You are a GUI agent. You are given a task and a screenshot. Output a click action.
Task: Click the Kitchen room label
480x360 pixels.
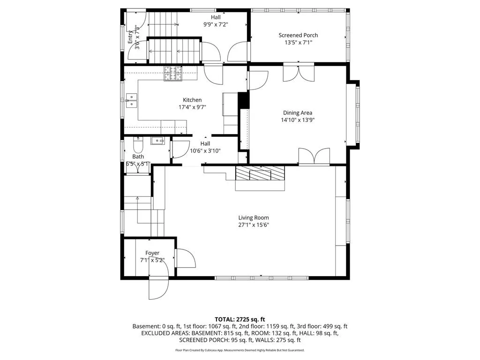pyautogui.click(x=192, y=100)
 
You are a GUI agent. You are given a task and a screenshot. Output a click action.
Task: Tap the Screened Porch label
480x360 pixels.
pyautogui.click(x=298, y=35)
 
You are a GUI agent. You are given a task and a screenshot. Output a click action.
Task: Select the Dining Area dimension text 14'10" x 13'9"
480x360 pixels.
pyautogui.click(x=298, y=120)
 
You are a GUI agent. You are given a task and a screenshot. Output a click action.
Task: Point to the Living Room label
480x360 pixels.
pyautogui.click(x=254, y=217)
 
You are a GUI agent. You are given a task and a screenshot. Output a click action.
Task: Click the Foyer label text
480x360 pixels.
pyautogui.click(x=152, y=253)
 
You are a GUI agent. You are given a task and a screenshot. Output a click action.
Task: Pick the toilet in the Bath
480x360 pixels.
pyautogui.click(x=138, y=145)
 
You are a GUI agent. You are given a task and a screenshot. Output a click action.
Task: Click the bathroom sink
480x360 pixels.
pyautogui.click(x=157, y=141)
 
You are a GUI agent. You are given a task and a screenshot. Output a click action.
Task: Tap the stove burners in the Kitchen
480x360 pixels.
pyautogui.click(x=173, y=74)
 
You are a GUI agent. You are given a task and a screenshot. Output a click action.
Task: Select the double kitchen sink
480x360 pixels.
pyautogui.click(x=131, y=101)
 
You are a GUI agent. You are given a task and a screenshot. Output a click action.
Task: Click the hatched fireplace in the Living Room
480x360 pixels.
pyautogui.click(x=260, y=173)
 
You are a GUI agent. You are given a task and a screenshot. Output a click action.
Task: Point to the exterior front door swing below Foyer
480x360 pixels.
pyautogui.click(x=158, y=289)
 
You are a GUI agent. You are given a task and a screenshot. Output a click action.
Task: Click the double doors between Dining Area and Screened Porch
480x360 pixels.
pyautogui.click(x=299, y=72)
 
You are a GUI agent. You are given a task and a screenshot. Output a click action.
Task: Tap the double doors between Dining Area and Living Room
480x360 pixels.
pyautogui.click(x=314, y=157)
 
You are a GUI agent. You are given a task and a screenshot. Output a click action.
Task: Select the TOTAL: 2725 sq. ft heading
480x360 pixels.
pyautogui.click(x=240, y=320)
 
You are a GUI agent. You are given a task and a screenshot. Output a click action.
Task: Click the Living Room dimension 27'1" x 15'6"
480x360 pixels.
pyautogui.click(x=254, y=225)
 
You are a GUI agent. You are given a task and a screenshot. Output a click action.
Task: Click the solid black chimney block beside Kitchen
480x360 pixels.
pyautogui.click(x=244, y=100)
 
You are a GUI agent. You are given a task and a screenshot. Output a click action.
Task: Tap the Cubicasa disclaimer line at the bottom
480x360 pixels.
pyautogui.click(x=240, y=350)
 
